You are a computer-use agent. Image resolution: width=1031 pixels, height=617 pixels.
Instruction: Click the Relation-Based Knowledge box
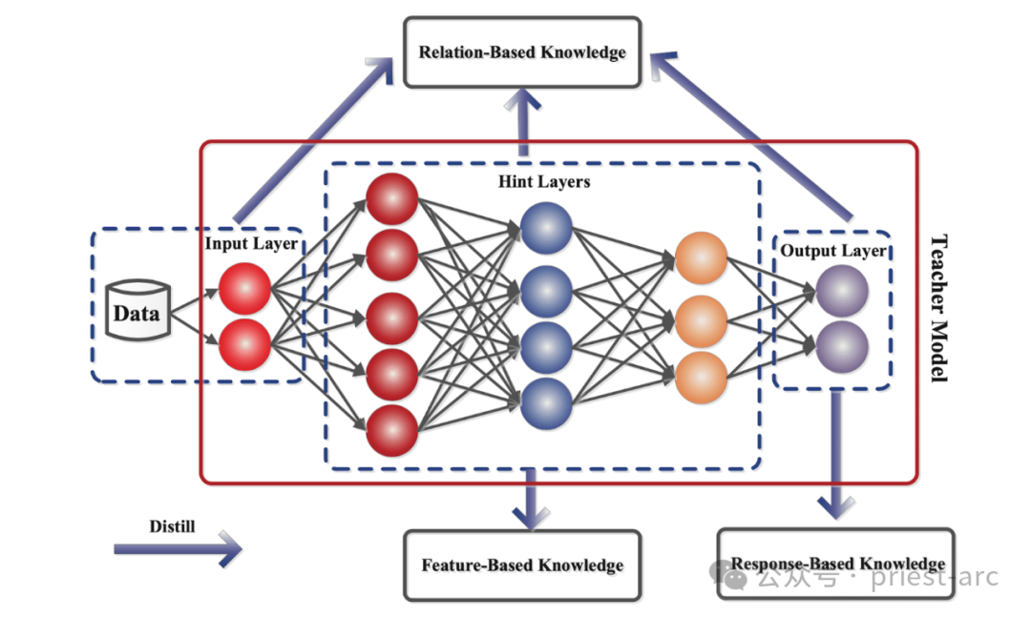point(521,51)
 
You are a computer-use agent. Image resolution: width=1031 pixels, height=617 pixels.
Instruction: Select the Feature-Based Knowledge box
point(522,566)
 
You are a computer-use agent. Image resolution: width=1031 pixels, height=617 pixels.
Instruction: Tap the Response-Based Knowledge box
point(835,564)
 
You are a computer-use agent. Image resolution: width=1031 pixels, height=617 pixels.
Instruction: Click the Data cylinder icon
point(137,311)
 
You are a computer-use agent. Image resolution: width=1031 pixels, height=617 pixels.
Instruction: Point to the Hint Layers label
point(544,181)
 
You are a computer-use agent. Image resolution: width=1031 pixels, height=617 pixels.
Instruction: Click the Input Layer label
point(251,243)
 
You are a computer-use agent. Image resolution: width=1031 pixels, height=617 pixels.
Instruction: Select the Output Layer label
point(833,251)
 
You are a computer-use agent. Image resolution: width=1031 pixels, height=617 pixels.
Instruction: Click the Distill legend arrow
point(178,549)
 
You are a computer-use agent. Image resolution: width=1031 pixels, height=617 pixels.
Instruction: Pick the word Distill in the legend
point(172,525)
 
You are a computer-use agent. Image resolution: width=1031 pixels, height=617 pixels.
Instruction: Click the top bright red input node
point(245,289)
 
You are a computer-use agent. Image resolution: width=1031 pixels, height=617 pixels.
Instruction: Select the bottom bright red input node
point(245,344)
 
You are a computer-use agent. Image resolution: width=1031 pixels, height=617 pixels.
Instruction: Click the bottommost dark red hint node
point(391,430)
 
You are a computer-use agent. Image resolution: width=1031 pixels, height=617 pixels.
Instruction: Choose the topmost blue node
point(546,229)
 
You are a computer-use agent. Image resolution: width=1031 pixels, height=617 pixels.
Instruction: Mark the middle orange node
point(701,321)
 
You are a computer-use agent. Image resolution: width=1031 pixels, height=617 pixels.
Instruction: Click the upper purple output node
point(841,291)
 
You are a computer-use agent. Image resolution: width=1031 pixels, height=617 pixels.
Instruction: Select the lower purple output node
point(841,345)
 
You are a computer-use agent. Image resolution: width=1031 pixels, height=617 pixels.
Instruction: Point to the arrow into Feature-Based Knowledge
point(530,499)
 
